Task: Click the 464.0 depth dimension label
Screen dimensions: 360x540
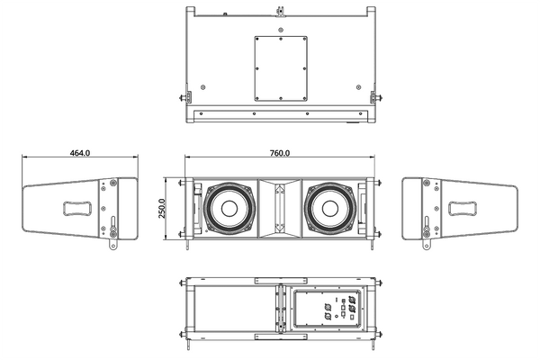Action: (79, 153)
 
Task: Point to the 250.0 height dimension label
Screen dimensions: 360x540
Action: (163, 209)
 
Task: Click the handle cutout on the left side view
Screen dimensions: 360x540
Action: (76, 209)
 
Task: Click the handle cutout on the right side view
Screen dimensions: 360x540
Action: (464, 209)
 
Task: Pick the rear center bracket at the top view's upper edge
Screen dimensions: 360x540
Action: (281, 12)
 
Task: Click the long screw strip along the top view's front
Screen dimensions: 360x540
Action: (280, 114)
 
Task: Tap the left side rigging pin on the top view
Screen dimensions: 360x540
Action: (185, 97)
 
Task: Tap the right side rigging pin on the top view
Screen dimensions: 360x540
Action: (373, 97)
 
